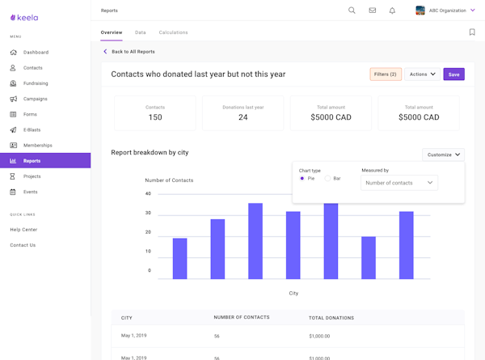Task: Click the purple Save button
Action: pos(453,74)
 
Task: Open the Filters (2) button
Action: pos(386,74)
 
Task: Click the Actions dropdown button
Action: pos(422,74)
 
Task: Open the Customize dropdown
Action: pos(443,155)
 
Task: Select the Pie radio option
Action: pos(302,179)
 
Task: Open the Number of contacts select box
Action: pos(399,183)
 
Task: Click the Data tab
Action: pos(141,32)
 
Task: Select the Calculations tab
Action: pos(173,32)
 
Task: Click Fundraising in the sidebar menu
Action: pos(36,83)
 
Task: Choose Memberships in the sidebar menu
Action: pos(37,146)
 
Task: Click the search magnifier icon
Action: pos(352,11)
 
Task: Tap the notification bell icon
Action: pos(392,11)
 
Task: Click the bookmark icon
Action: pos(472,32)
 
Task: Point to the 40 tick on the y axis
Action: pos(148,194)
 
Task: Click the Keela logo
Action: pos(24,17)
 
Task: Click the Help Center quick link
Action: pos(23,230)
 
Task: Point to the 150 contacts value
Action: pos(155,117)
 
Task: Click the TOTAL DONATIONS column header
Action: pos(331,318)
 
